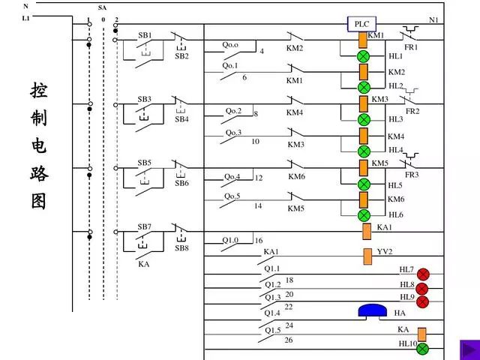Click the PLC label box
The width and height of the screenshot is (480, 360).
coord(361,24)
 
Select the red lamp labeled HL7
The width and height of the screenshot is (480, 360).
coord(423,274)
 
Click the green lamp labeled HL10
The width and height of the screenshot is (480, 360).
coord(422,348)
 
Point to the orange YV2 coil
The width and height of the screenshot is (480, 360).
coord(367,256)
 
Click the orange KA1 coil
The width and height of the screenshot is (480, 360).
coord(367,230)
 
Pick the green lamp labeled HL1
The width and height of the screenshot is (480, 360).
coord(364,57)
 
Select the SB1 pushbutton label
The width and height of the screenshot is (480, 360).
coord(144,35)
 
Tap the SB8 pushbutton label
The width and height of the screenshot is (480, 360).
coord(182,248)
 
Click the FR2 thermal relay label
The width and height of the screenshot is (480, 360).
coord(412,111)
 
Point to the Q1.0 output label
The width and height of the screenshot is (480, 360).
coord(230,241)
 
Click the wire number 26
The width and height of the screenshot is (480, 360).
coord(289,340)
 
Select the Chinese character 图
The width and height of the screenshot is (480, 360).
coord(39,200)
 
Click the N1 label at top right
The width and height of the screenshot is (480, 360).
coord(433,19)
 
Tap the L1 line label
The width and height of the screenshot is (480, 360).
coord(27,17)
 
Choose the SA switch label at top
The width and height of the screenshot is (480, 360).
coord(102,7)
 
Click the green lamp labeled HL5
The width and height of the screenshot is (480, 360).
coord(364,184)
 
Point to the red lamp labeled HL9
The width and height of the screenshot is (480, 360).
coord(422,301)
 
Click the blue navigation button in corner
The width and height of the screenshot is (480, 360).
coord(469,349)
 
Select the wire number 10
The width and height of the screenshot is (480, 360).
coord(255,141)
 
